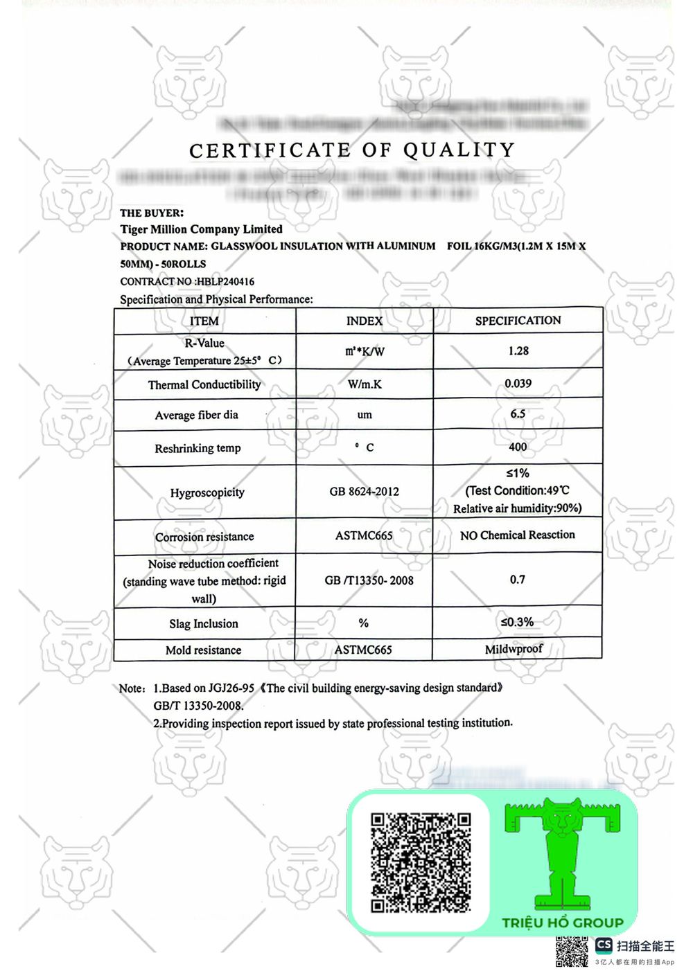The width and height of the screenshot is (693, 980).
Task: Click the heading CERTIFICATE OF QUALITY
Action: coord(352,150)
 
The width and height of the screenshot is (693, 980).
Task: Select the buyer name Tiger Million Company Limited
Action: coord(201,229)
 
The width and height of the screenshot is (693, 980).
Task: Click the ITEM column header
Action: coord(204,321)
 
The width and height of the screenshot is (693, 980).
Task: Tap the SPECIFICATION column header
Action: coord(518,321)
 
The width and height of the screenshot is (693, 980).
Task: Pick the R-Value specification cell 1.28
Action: coord(518,351)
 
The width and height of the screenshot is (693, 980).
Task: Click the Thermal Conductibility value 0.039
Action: coord(518,384)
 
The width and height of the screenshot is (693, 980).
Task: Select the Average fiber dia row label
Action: coord(197,416)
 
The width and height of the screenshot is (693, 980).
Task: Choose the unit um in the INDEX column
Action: coord(365,415)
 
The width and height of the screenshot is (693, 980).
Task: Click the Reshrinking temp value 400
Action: coord(518,447)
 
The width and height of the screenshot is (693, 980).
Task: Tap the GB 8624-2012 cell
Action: coord(365,492)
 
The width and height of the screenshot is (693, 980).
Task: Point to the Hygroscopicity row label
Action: coord(207,492)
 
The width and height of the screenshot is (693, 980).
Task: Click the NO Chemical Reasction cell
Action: coord(518,535)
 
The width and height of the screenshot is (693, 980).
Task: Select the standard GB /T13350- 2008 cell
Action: coord(369,580)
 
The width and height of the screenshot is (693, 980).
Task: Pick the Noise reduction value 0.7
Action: coord(518,580)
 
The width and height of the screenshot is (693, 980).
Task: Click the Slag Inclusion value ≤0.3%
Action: coord(518,622)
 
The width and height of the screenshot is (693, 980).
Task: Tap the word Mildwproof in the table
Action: coord(514,649)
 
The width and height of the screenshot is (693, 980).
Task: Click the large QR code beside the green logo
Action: coord(421,862)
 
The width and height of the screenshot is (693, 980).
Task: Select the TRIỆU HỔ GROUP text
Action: coord(563,923)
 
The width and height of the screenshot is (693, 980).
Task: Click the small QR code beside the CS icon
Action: coord(572,952)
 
